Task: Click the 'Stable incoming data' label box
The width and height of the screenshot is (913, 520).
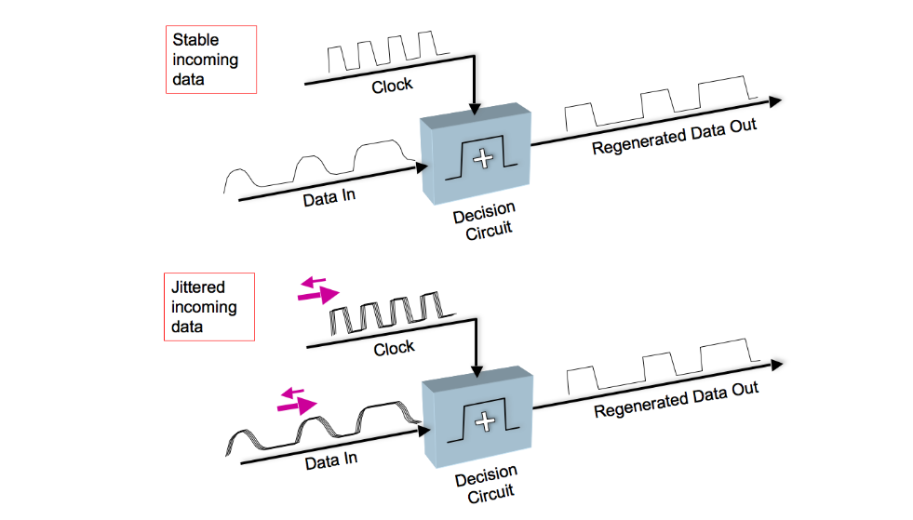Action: coord(210,60)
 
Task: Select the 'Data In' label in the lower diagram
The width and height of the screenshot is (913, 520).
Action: coord(330,458)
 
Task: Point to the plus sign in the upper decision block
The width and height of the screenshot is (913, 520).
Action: coord(482,160)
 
